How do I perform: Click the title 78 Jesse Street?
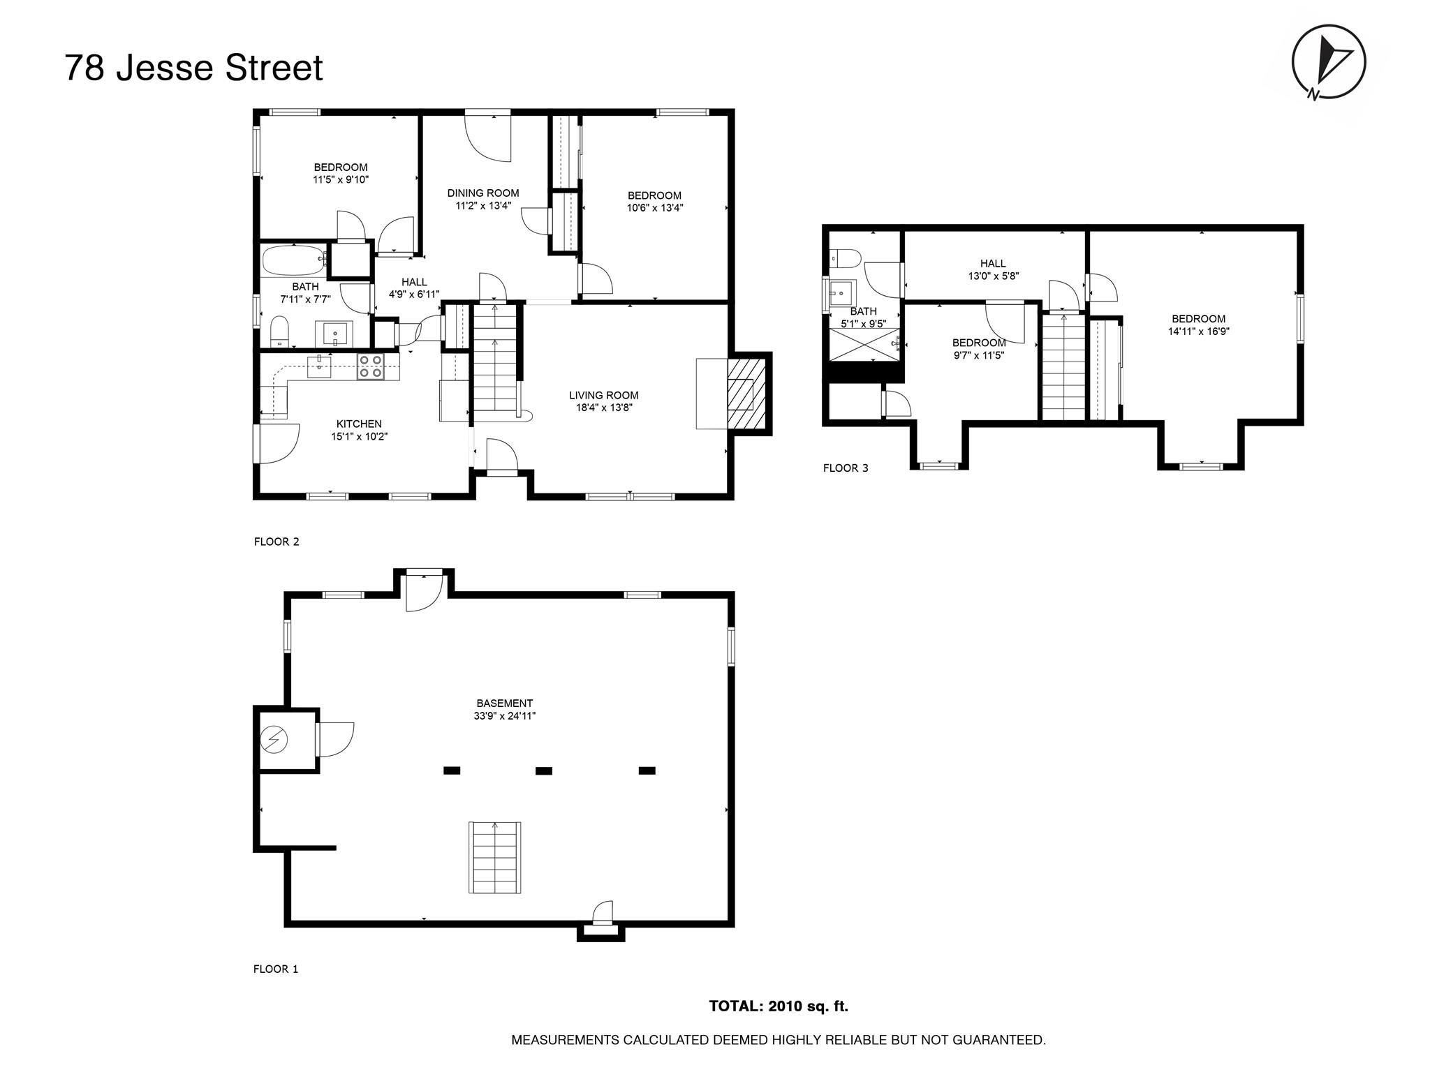click(x=193, y=68)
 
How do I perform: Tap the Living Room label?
click(x=603, y=396)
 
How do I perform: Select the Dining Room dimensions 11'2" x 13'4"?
click(x=483, y=206)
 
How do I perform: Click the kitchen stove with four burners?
click(x=370, y=366)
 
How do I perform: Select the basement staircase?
click(x=495, y=858)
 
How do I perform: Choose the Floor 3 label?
click(x=846, y=468)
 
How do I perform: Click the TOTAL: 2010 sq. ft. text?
click(x=779, y=1006)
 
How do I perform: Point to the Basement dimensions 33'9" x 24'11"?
click(x=504, y=716)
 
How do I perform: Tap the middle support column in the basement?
click(x=544, y=771)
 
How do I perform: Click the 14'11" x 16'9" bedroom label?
click(x=1199, y=332)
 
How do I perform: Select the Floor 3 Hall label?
click(x=993, y=264)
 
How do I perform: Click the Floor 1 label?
click(x=276, y=969)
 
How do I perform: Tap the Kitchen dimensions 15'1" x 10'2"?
click(x=359, y=437)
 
